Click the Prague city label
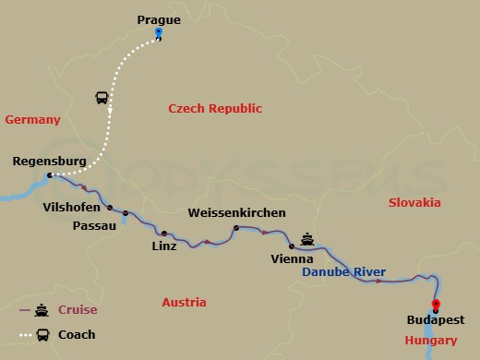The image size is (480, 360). [x=159, y=18]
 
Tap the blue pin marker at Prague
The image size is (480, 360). [x=159, y=33]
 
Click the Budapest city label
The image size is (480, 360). [x=434, y=322]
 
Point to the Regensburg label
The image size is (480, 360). [x=50, y=162]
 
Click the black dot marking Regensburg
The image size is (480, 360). [x=50, y=174]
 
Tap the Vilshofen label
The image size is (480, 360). [x=73, y=208]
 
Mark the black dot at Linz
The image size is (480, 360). [x=164, y=233]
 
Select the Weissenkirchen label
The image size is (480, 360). [x=236, y=213]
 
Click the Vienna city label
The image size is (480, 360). [x=293, y=260]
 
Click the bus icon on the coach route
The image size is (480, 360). [x=102, y=98]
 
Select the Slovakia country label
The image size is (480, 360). [x=415, y=202]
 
